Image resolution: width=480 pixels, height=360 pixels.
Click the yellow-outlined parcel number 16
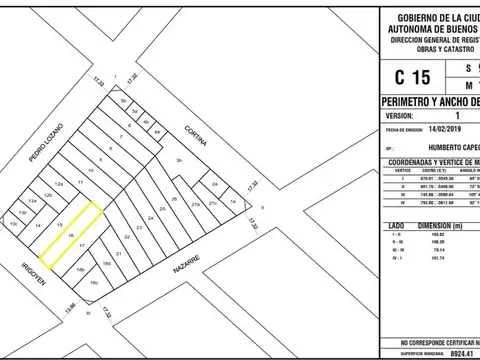(70, 235)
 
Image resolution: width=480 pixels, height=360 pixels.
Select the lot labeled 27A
(212, 203)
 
